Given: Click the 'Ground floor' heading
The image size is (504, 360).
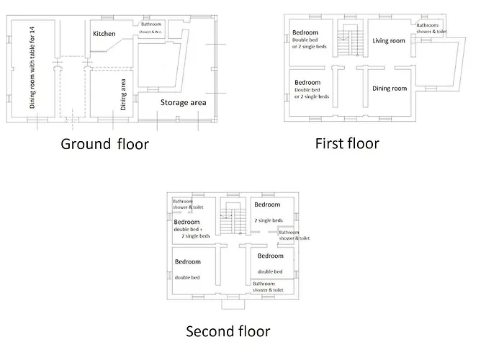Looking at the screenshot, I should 104,144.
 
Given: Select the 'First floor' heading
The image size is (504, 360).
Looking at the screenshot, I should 347,143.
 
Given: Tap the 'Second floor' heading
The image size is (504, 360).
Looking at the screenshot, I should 228,331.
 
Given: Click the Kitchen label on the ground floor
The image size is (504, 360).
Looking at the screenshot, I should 104,34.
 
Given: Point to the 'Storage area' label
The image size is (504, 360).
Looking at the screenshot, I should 184,103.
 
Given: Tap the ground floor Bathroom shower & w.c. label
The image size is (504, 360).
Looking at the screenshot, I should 151,29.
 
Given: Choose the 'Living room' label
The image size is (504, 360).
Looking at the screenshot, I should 389,41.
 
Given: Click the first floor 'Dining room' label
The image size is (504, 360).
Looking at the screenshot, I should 390,89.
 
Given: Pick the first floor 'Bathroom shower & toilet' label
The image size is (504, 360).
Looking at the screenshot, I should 431,29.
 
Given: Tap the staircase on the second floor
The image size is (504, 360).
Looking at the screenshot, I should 230,220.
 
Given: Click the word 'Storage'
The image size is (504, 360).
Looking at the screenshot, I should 172,103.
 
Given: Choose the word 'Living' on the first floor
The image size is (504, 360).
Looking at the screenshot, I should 380,41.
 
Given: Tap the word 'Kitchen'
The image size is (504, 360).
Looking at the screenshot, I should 104,34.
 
